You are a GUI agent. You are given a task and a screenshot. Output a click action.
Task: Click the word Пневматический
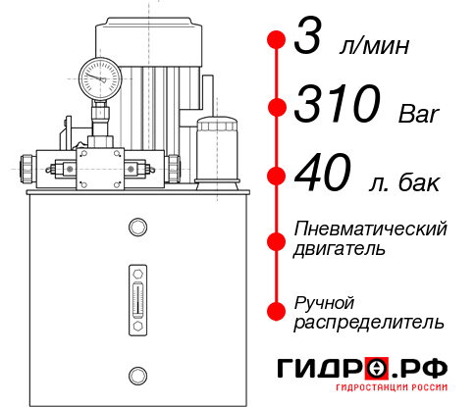coord(371,229)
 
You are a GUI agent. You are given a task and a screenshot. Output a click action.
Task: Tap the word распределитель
coord(368,321)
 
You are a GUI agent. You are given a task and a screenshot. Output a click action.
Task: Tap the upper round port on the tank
coord(136,229)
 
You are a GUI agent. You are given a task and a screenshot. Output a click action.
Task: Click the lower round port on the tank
coord(136,373)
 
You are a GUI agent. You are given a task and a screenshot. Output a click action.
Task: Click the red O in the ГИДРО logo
coord(376,368)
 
